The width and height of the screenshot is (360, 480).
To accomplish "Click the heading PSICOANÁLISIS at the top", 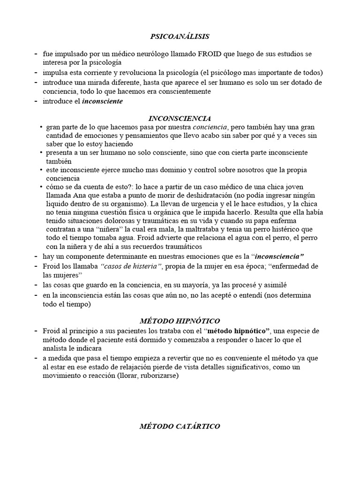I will (180, 36).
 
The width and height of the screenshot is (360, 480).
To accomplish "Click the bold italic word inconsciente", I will (102, 101).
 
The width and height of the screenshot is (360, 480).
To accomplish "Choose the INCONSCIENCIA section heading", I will (180, 118).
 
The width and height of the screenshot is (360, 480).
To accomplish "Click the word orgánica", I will (156, 213).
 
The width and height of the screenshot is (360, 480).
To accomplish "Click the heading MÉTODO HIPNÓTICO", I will (180, 321).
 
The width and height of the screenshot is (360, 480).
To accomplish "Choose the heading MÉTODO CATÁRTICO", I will (180, 426).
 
